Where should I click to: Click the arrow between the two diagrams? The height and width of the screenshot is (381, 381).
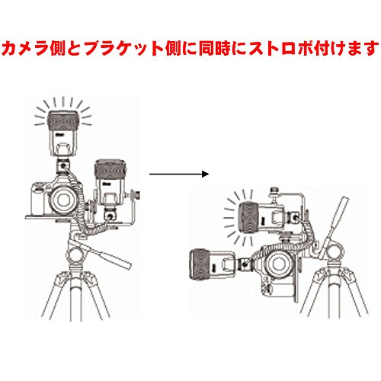tap(179, 174)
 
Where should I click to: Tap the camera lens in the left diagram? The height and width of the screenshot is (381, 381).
tap(62, 200)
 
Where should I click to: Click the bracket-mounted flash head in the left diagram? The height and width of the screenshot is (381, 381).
tap(110, 167)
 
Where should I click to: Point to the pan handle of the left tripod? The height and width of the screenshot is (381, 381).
tap(112, 256)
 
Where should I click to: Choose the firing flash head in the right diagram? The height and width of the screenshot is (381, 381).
tap(249, 216)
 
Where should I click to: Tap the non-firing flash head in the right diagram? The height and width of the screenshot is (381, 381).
tap(200, 264)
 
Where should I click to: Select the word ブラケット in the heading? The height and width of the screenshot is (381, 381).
tap(124, 48)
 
